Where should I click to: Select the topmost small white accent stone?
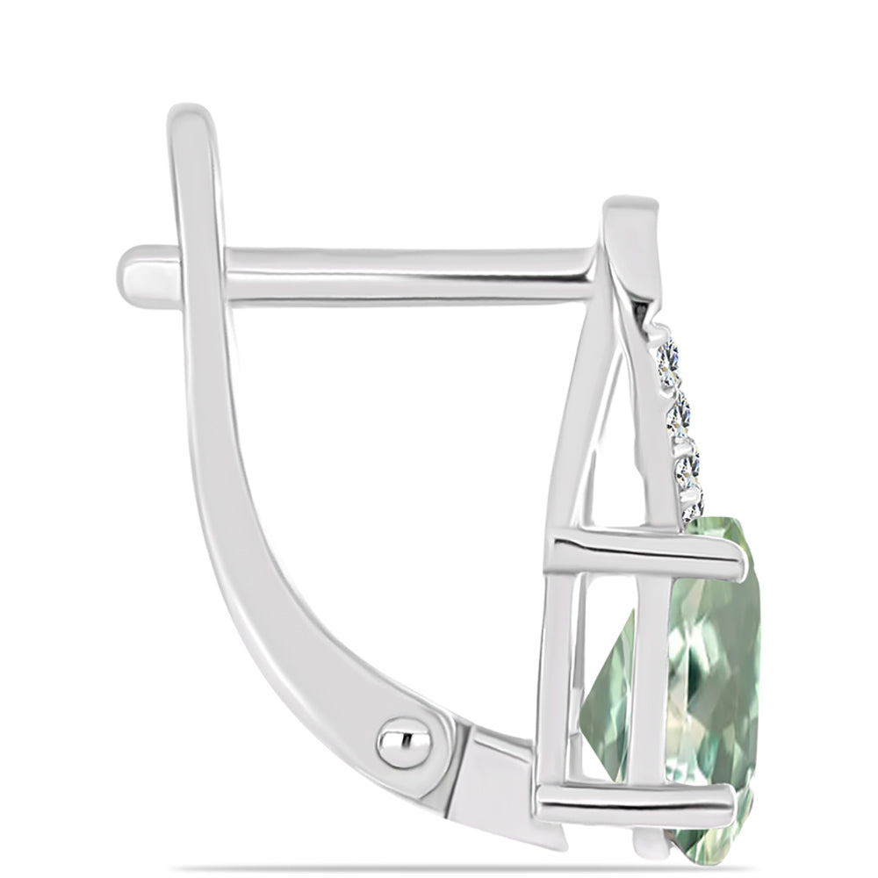pos(668,359)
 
